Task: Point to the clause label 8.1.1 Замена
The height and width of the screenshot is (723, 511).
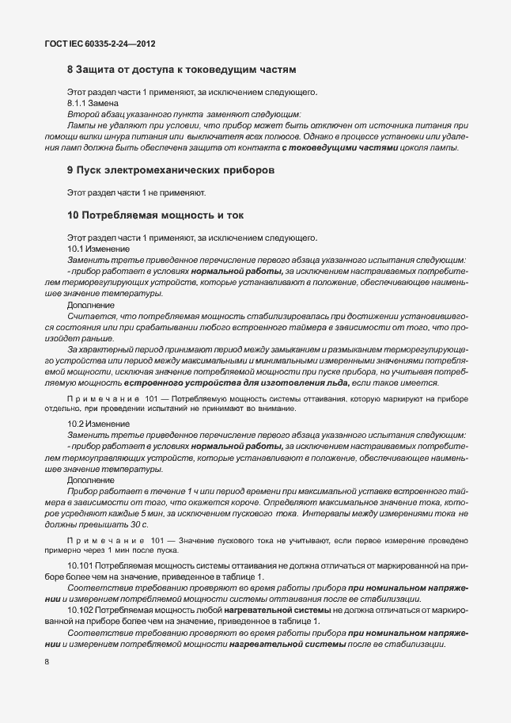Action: [x=93, y=103]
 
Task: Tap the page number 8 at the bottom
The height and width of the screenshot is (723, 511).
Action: [x=47, y=661]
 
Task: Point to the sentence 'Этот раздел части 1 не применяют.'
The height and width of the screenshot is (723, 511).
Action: [x=137, y=192]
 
